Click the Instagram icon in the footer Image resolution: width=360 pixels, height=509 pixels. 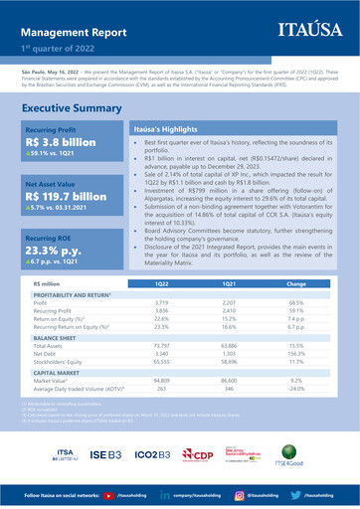(239, 494)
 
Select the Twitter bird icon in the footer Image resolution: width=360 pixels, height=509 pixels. (299, 494)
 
